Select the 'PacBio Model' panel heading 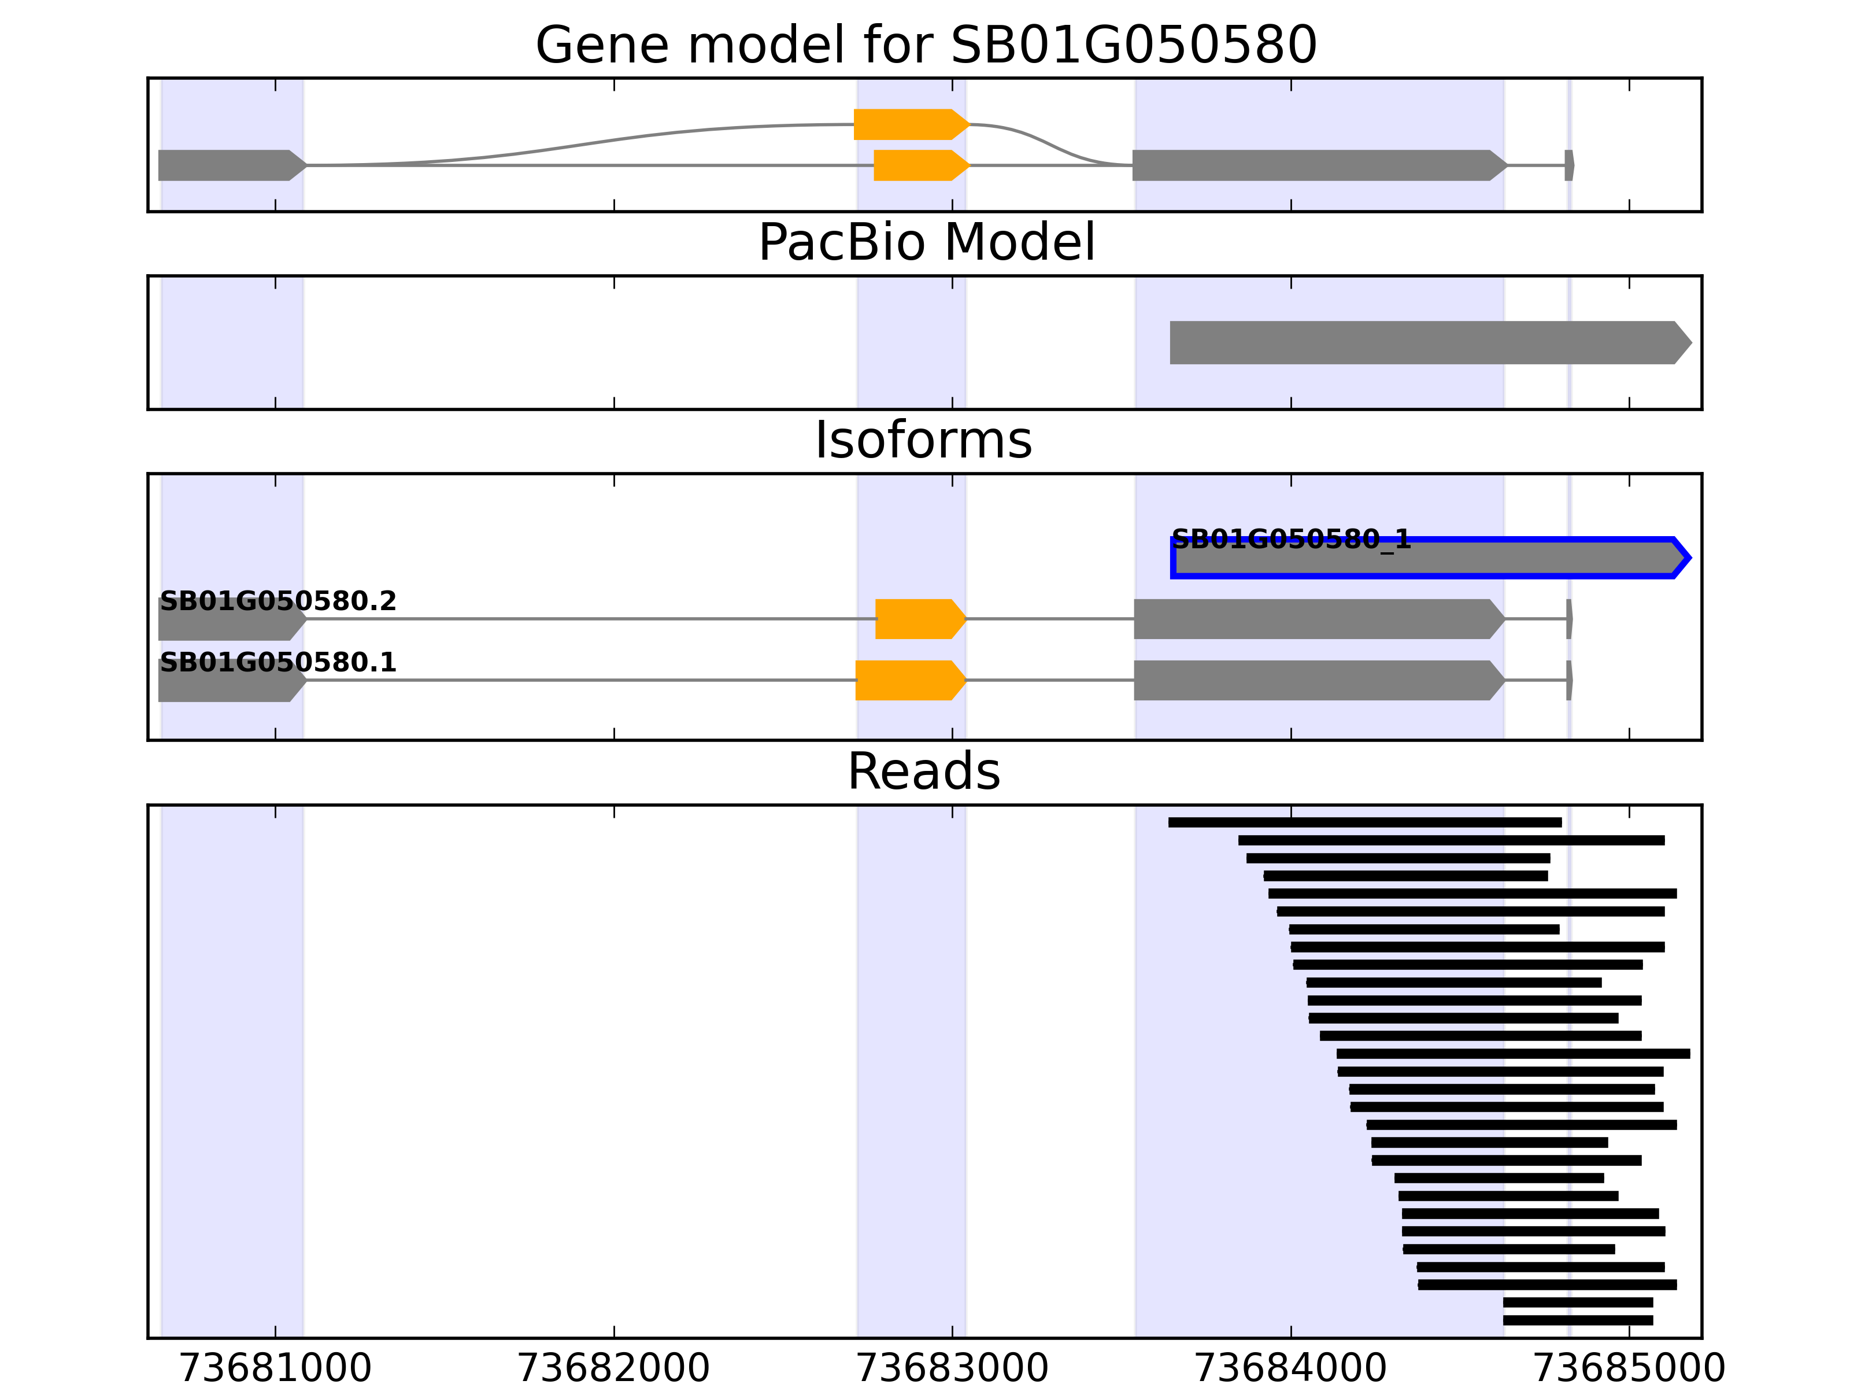[925, 243]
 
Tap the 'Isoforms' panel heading [923, 440]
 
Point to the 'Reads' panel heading [923, 771]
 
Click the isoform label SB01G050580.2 [277, 601]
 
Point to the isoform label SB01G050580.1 [277, 663]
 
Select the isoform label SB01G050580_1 [1290, 539]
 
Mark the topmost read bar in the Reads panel [1364, 822]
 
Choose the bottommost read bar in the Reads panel [1577, 1320]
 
